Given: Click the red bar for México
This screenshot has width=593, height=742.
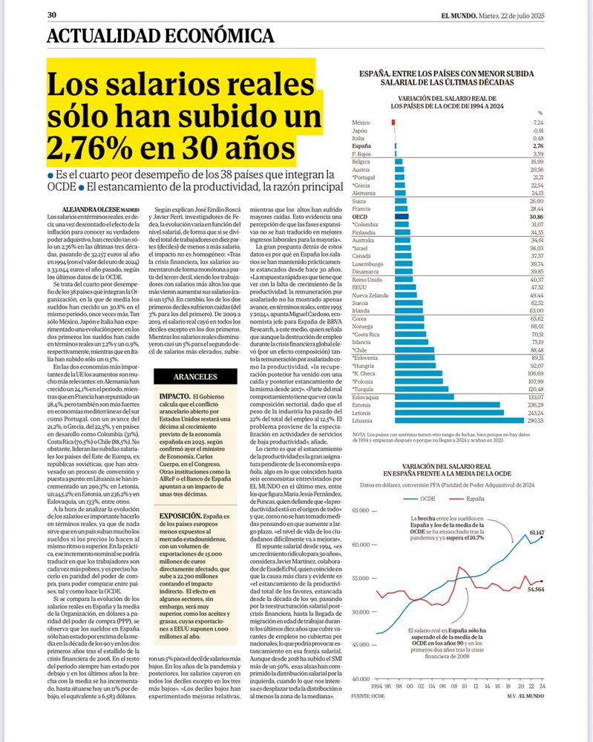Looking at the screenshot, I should click(x=393, y=121).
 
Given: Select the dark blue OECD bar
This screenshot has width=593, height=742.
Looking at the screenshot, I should click(x=402, y=216).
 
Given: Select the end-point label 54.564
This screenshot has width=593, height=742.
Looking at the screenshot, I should click(x=535, y=568).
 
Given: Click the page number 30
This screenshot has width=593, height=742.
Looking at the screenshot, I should click(x=52, y=14).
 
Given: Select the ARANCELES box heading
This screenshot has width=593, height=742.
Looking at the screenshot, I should click(x=180, y=377).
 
